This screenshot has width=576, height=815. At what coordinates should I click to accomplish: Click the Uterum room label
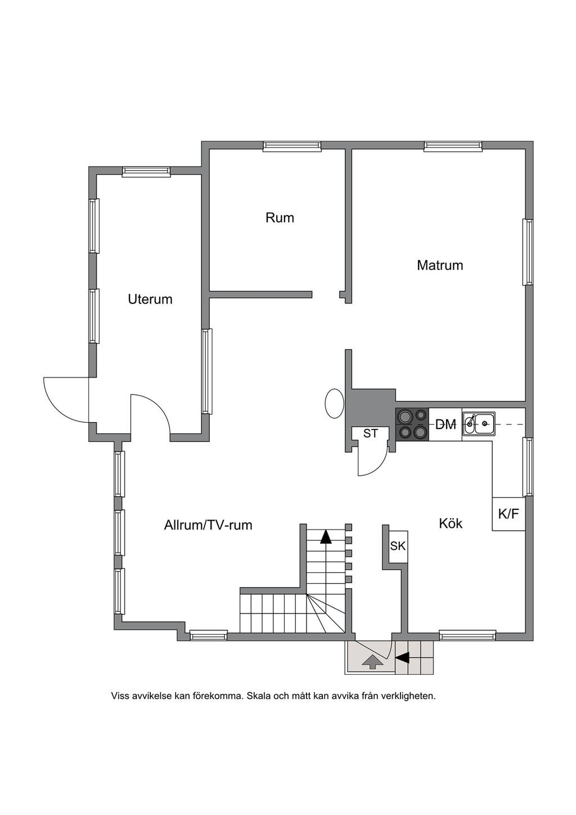[150, 299]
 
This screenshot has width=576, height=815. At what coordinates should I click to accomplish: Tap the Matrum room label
[440, 265]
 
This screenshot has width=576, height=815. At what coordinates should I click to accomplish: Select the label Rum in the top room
[280, 218]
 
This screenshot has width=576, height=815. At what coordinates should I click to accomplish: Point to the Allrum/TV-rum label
[208, 525]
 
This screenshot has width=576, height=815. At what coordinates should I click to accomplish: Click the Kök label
[451, 523]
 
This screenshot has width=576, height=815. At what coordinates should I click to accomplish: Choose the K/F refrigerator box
[508, 514]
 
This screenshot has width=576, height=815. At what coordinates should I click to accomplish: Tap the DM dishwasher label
[446, 424]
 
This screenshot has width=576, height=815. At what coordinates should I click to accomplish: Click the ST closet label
[371, 433]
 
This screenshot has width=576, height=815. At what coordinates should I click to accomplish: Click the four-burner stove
[412, 424]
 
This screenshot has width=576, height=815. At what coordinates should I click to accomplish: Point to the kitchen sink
[479, 424]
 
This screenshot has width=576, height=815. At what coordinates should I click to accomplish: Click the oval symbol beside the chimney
[334, 404]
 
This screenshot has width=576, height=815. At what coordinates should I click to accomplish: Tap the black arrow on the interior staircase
[326, 536]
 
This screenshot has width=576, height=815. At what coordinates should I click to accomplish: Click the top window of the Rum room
[292, 146]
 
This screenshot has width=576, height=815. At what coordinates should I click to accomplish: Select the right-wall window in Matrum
[528, 252]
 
